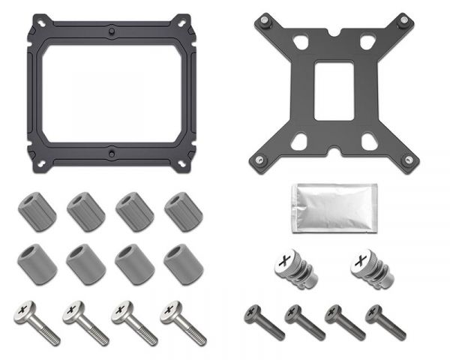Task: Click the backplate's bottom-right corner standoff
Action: [408, 159]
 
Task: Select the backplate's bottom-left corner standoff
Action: [259, 159]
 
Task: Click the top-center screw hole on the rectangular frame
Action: [112, 31]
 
